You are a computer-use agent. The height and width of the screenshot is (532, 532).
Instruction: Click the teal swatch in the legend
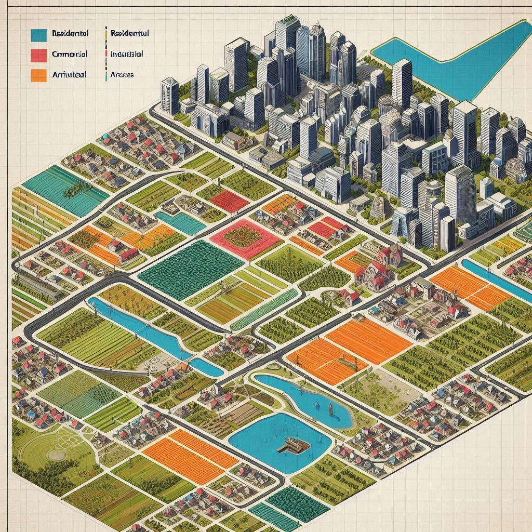pos(39,35)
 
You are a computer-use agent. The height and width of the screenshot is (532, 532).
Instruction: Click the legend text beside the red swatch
pos(70,54)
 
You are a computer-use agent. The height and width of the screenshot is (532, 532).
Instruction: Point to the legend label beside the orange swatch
pos(69,74)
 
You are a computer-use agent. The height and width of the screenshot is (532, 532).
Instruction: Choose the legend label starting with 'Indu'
pos(127,54)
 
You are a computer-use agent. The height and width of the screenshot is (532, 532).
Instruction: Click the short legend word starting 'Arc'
pos(122,75)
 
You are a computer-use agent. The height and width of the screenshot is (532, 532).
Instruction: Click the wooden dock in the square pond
pos(294,444)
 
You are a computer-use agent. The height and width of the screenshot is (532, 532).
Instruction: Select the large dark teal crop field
pos(190,269)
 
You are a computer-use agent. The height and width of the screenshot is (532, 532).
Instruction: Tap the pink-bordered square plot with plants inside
pos(245,238)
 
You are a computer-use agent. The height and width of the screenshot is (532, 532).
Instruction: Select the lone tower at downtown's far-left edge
pos(169,96)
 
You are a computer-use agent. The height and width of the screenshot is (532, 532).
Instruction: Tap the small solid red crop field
pos(229,201)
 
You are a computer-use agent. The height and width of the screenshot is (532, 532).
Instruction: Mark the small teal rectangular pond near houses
pos(179,222)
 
